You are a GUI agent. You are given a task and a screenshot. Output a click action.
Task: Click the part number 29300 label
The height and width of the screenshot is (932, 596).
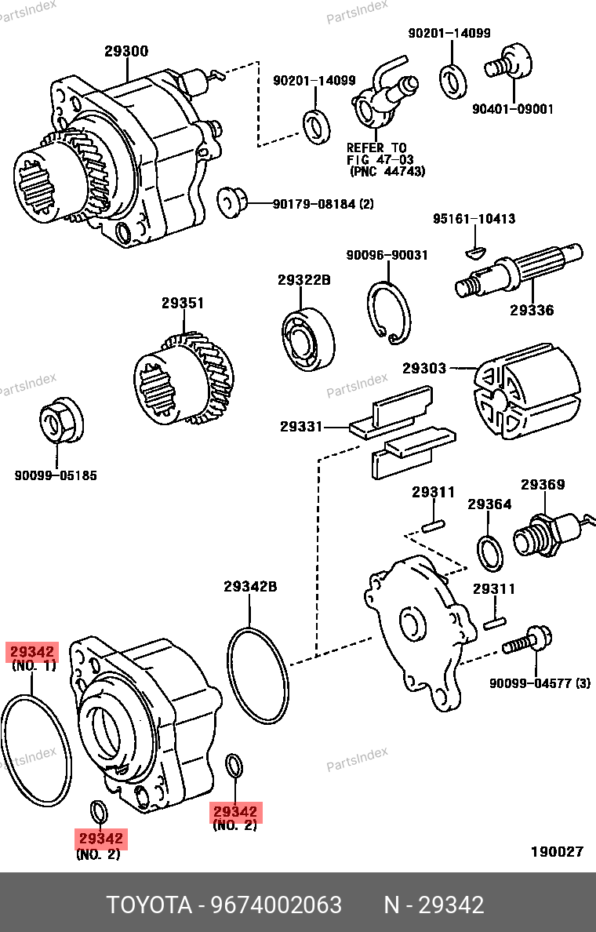pos(126,52)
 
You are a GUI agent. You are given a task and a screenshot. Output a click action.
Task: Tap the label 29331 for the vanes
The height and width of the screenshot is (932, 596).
pos(300,427)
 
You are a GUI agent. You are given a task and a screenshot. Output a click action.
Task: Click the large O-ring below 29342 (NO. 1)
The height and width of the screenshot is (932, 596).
pos(35,749)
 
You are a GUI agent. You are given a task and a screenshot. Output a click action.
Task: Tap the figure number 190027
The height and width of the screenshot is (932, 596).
pos(557,852)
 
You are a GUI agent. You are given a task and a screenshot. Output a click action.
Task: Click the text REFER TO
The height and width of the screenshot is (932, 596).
pos(377,147)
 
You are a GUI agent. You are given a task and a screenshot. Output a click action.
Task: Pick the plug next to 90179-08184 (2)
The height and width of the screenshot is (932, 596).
pos(231,201)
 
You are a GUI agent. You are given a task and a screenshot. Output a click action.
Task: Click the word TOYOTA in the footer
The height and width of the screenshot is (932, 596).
pos(149,905)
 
